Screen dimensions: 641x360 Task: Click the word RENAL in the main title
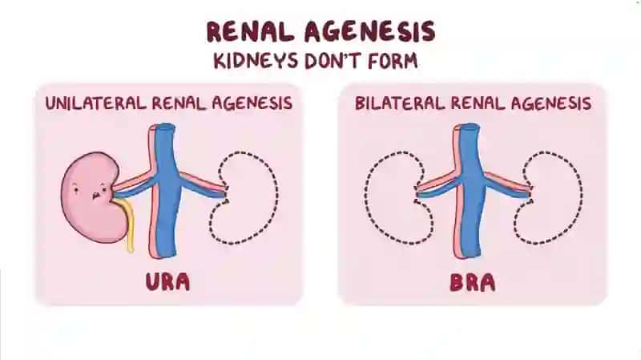click(250, 31)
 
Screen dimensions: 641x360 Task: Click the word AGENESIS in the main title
click(369, 31)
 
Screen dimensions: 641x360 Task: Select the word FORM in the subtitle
click(393, 61)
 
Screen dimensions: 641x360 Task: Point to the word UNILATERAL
click(95, 103)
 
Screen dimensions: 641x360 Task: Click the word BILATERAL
click(399, 103)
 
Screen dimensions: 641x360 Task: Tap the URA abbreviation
click(167, 282)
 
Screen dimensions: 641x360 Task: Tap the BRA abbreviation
click(473, 282)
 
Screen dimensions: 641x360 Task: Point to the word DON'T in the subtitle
click(333, 61)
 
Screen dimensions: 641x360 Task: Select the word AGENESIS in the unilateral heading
click(252, 103)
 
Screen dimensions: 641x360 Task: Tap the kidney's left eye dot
click(75, 189)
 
